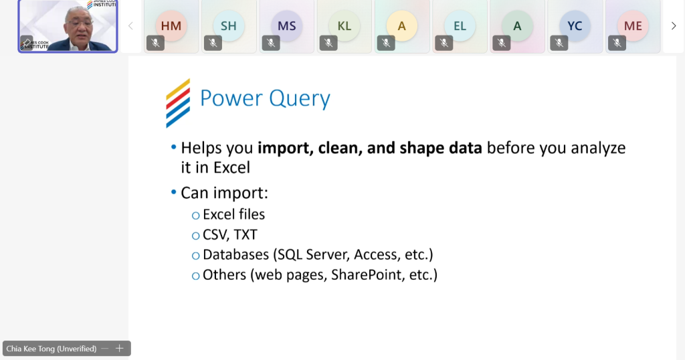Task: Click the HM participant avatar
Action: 171,26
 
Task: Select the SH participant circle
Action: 229,26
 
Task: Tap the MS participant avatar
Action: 286,26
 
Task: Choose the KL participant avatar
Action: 345,26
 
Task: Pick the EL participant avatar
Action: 460,26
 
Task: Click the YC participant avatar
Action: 575,26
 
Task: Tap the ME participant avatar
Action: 633,26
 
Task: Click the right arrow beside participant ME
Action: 673,26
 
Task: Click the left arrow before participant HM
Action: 130,26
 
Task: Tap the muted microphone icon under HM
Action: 155,43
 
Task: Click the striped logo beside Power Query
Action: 178,103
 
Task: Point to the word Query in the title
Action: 300,99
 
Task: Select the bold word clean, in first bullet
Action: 340,148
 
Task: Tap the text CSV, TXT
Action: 230,235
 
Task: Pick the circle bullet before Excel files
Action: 196,215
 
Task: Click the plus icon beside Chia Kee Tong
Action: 119,348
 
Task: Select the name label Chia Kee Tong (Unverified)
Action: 51,349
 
